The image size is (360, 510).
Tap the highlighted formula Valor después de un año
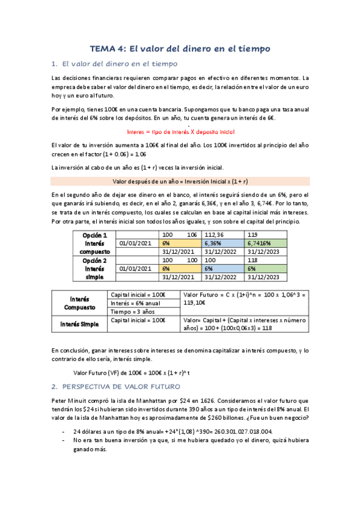click(x=180, y=180)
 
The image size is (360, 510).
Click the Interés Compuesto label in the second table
click(x=79, y=303)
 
